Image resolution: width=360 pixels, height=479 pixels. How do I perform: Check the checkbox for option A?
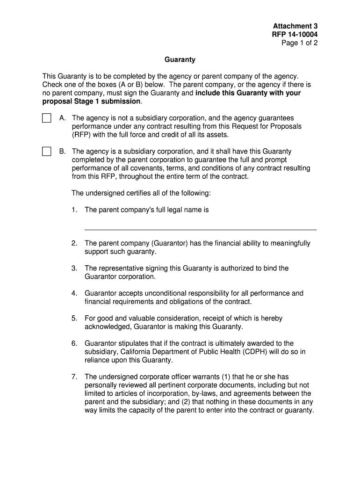pyautogui.click(x=46, y=118)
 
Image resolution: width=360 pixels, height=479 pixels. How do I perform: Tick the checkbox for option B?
pyautogui.click(x=46, y=151)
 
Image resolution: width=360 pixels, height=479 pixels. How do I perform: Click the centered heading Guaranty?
pyautogui.click(x=180, y=60)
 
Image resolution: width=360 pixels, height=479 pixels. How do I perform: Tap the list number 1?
pyautogui.click(x=74, y=210)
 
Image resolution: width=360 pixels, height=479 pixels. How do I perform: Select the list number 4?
pyautogui.click(x=74, y=293)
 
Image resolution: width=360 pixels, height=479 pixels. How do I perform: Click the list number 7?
pyautogui.click(x=74, y=377)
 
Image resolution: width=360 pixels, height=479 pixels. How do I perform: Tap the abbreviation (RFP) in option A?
pyautogui.click(x=81, y=135)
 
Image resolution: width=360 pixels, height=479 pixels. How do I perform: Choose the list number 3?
pyautogui.click(x=74, y=268)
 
